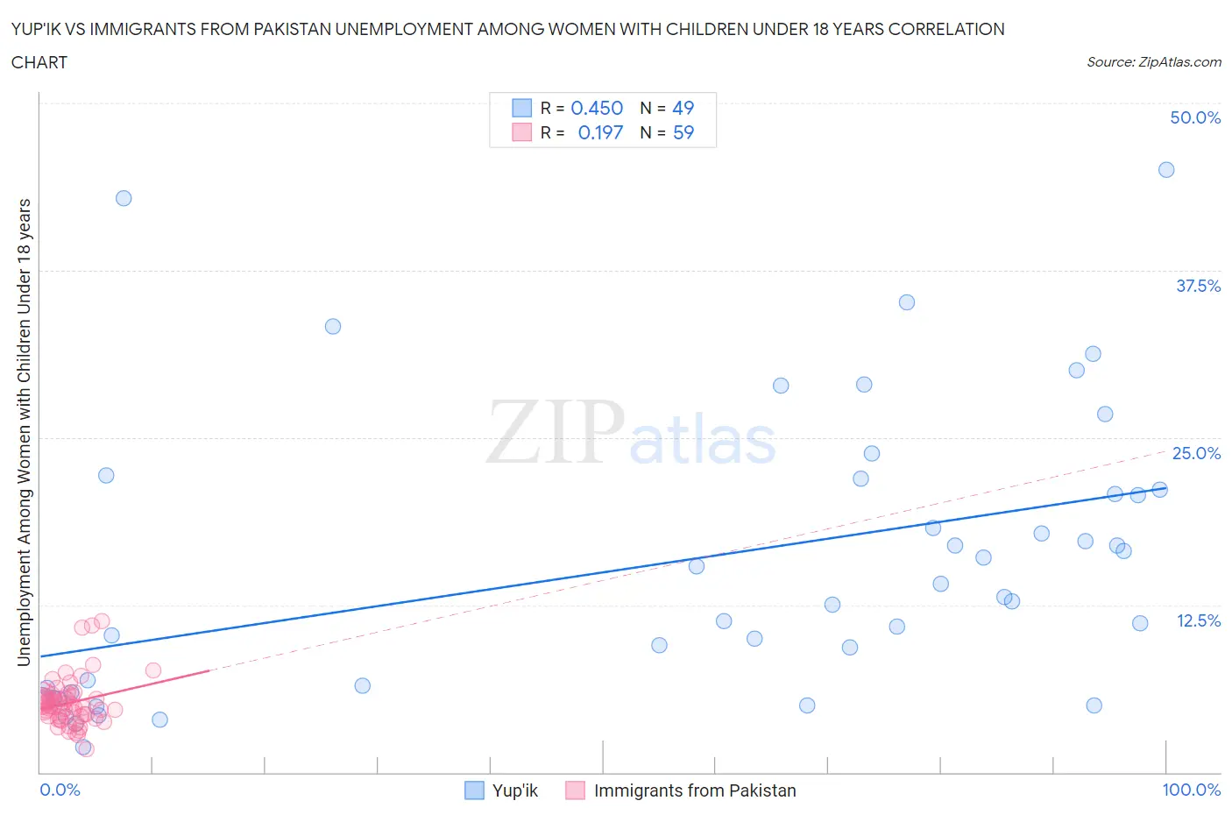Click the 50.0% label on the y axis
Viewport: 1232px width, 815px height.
[x=1195, y=117]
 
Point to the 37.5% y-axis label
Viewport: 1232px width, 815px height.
[x=1198, y=286]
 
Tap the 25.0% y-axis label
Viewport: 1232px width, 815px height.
[x=1196, y=453]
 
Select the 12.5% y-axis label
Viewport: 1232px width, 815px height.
[x=1198, y=620]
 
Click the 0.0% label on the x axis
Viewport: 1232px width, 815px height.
[x=60, y=790]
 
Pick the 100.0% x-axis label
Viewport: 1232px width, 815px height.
[x=1191, y=790]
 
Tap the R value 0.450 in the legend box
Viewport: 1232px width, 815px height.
[x=597, y=108]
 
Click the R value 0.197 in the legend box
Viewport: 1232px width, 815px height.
[x=600, y=132]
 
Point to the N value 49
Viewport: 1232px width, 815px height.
[x=683, y=108]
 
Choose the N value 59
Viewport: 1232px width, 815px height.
[x=683, y=132]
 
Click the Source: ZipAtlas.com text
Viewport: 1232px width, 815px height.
[x=1153, y=61]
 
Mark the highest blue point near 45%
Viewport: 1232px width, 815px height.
[x=1166, y=170]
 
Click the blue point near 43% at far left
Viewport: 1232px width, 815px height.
[x=124, y=198]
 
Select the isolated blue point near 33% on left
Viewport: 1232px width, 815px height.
[x=333, y=326]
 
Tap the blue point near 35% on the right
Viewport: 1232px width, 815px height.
[x=907, y=302]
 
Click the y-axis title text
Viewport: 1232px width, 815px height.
[x=24, y=432]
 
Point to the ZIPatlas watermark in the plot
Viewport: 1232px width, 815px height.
[x=631, y=432]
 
